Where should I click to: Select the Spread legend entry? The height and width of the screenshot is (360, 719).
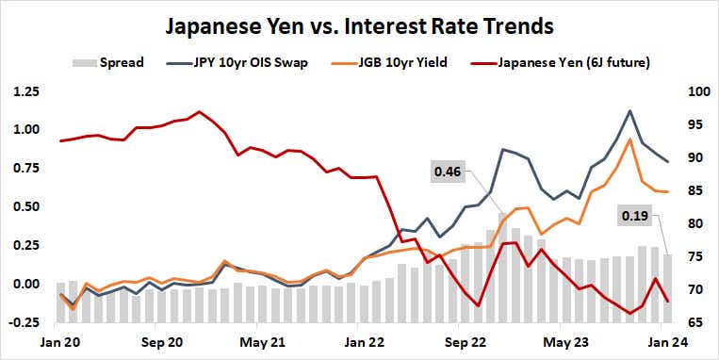[108, 63]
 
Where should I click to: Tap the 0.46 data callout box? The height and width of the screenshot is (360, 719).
[448, 172]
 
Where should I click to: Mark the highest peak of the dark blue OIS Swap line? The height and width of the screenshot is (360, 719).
[629, 111]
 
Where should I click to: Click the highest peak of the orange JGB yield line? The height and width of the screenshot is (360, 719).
[629, 139]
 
